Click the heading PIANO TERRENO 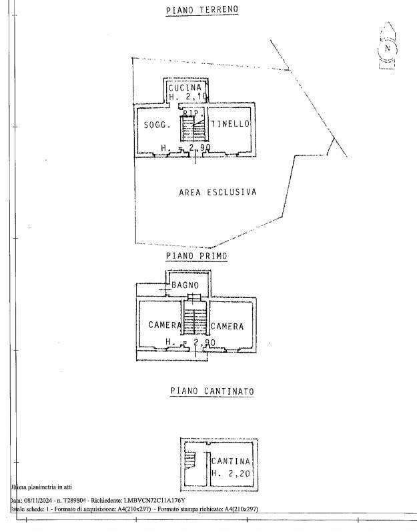[x=201, y=10]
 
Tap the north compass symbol [x=388, y=48]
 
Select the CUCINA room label [x=185, y=88]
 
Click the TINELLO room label [x=230, y=124]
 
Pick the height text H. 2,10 [x=187, y=97]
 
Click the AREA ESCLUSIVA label [x=218, y=192]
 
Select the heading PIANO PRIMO [x=196, y=255]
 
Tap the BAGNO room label [x=185, y=285]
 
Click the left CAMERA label [x=165, y=326]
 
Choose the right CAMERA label [x=228, y=326]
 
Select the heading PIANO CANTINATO [x=212, y=391]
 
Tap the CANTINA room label [x=231, y=461]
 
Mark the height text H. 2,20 [x=231, y=473]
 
